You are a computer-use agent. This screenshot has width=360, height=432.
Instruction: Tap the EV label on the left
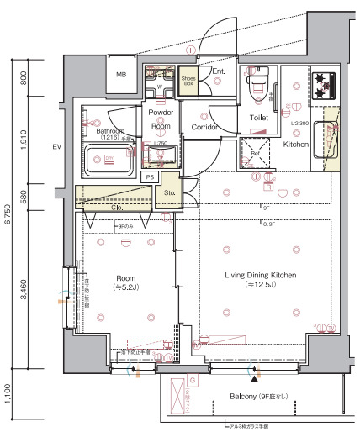[x=57, y=148]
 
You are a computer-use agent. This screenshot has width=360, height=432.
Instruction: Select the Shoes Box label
[x=189, y=81]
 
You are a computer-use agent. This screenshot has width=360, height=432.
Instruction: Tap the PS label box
[x=151, y=177]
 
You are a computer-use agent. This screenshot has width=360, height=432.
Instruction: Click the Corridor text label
[x=204, y=127]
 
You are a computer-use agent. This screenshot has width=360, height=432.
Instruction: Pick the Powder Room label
[x=161, y=119]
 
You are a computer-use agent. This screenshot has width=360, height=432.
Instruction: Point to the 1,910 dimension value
[x=24, y=140]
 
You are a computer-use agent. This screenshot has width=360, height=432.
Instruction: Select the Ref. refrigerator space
[x=257, y=155]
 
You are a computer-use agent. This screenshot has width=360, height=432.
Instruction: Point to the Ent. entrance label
[x=218, y=72]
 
